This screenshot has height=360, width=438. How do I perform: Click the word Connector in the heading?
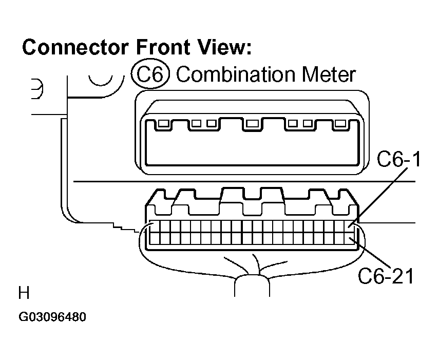[75, 47]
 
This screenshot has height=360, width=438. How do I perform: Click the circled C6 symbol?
[150, 74]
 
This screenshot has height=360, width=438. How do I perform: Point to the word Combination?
[235, 74]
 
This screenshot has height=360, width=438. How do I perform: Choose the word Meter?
[329, 74]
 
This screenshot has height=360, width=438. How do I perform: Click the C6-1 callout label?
[398, 159]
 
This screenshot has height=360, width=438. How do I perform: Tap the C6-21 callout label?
[386, 276]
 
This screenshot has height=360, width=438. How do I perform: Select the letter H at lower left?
[24, 293]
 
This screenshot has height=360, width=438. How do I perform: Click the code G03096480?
[52, 317]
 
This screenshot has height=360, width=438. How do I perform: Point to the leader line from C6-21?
[370, 253]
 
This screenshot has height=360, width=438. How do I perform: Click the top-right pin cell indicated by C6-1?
[350, 226]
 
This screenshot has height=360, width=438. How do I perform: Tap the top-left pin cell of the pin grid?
[155, 226]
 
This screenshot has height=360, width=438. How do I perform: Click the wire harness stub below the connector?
[252, 286]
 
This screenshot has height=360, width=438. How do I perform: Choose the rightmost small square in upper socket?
[340, 123]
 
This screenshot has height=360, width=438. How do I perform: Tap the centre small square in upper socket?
[252, 123]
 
